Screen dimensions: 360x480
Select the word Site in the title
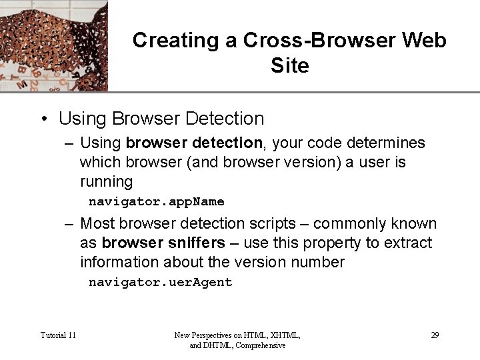[290, 66]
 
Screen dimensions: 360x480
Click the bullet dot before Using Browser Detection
[42, 119]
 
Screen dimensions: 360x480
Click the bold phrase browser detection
[194, 143]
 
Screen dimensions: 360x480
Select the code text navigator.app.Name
[157, 201]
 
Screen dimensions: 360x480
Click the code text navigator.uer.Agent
[161, 282]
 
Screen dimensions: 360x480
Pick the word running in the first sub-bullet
[107, 181]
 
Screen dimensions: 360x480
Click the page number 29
[435, 335]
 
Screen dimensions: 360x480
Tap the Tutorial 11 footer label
[58, 335]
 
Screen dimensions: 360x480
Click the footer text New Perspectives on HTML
[237, 335]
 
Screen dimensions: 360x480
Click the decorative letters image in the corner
[53, 45]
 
